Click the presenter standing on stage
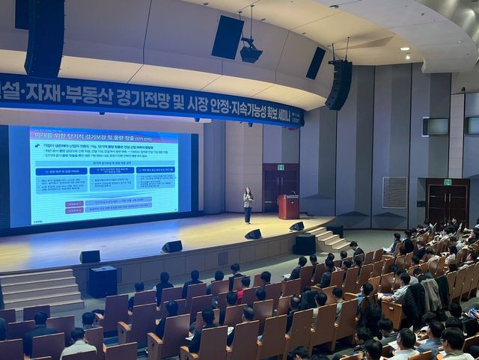click(248, 204)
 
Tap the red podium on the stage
click(288, 207)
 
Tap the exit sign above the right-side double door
click(447, 182)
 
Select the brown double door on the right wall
click(447, 203)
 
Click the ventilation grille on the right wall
click(394, 192)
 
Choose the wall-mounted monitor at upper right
click(436, 126)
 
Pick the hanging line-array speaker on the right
click(339, 84)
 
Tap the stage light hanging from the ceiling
click(251, 52)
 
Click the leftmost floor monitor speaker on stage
click(90, 257)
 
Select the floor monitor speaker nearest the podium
click(297, 226)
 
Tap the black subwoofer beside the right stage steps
click(304, 244)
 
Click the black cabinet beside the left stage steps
click(103, 281)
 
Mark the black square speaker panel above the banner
click(227, 37)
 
